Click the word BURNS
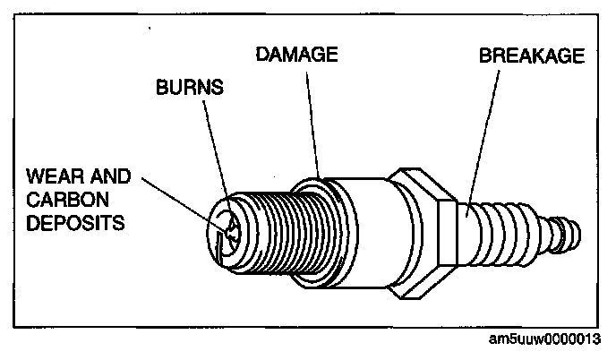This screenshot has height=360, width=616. (x=191, y=90)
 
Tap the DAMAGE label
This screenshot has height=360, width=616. (x=296, y=55)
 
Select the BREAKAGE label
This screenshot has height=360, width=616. (x=532, y=56)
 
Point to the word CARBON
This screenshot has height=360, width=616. (x=64, y=197)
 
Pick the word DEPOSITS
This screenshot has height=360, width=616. (x=74, y=221)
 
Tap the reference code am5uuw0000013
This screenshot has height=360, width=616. (x=552, y=340)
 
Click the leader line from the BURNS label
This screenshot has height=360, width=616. (x=215, y=143)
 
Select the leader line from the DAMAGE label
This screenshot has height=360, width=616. (x=312, y=116)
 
